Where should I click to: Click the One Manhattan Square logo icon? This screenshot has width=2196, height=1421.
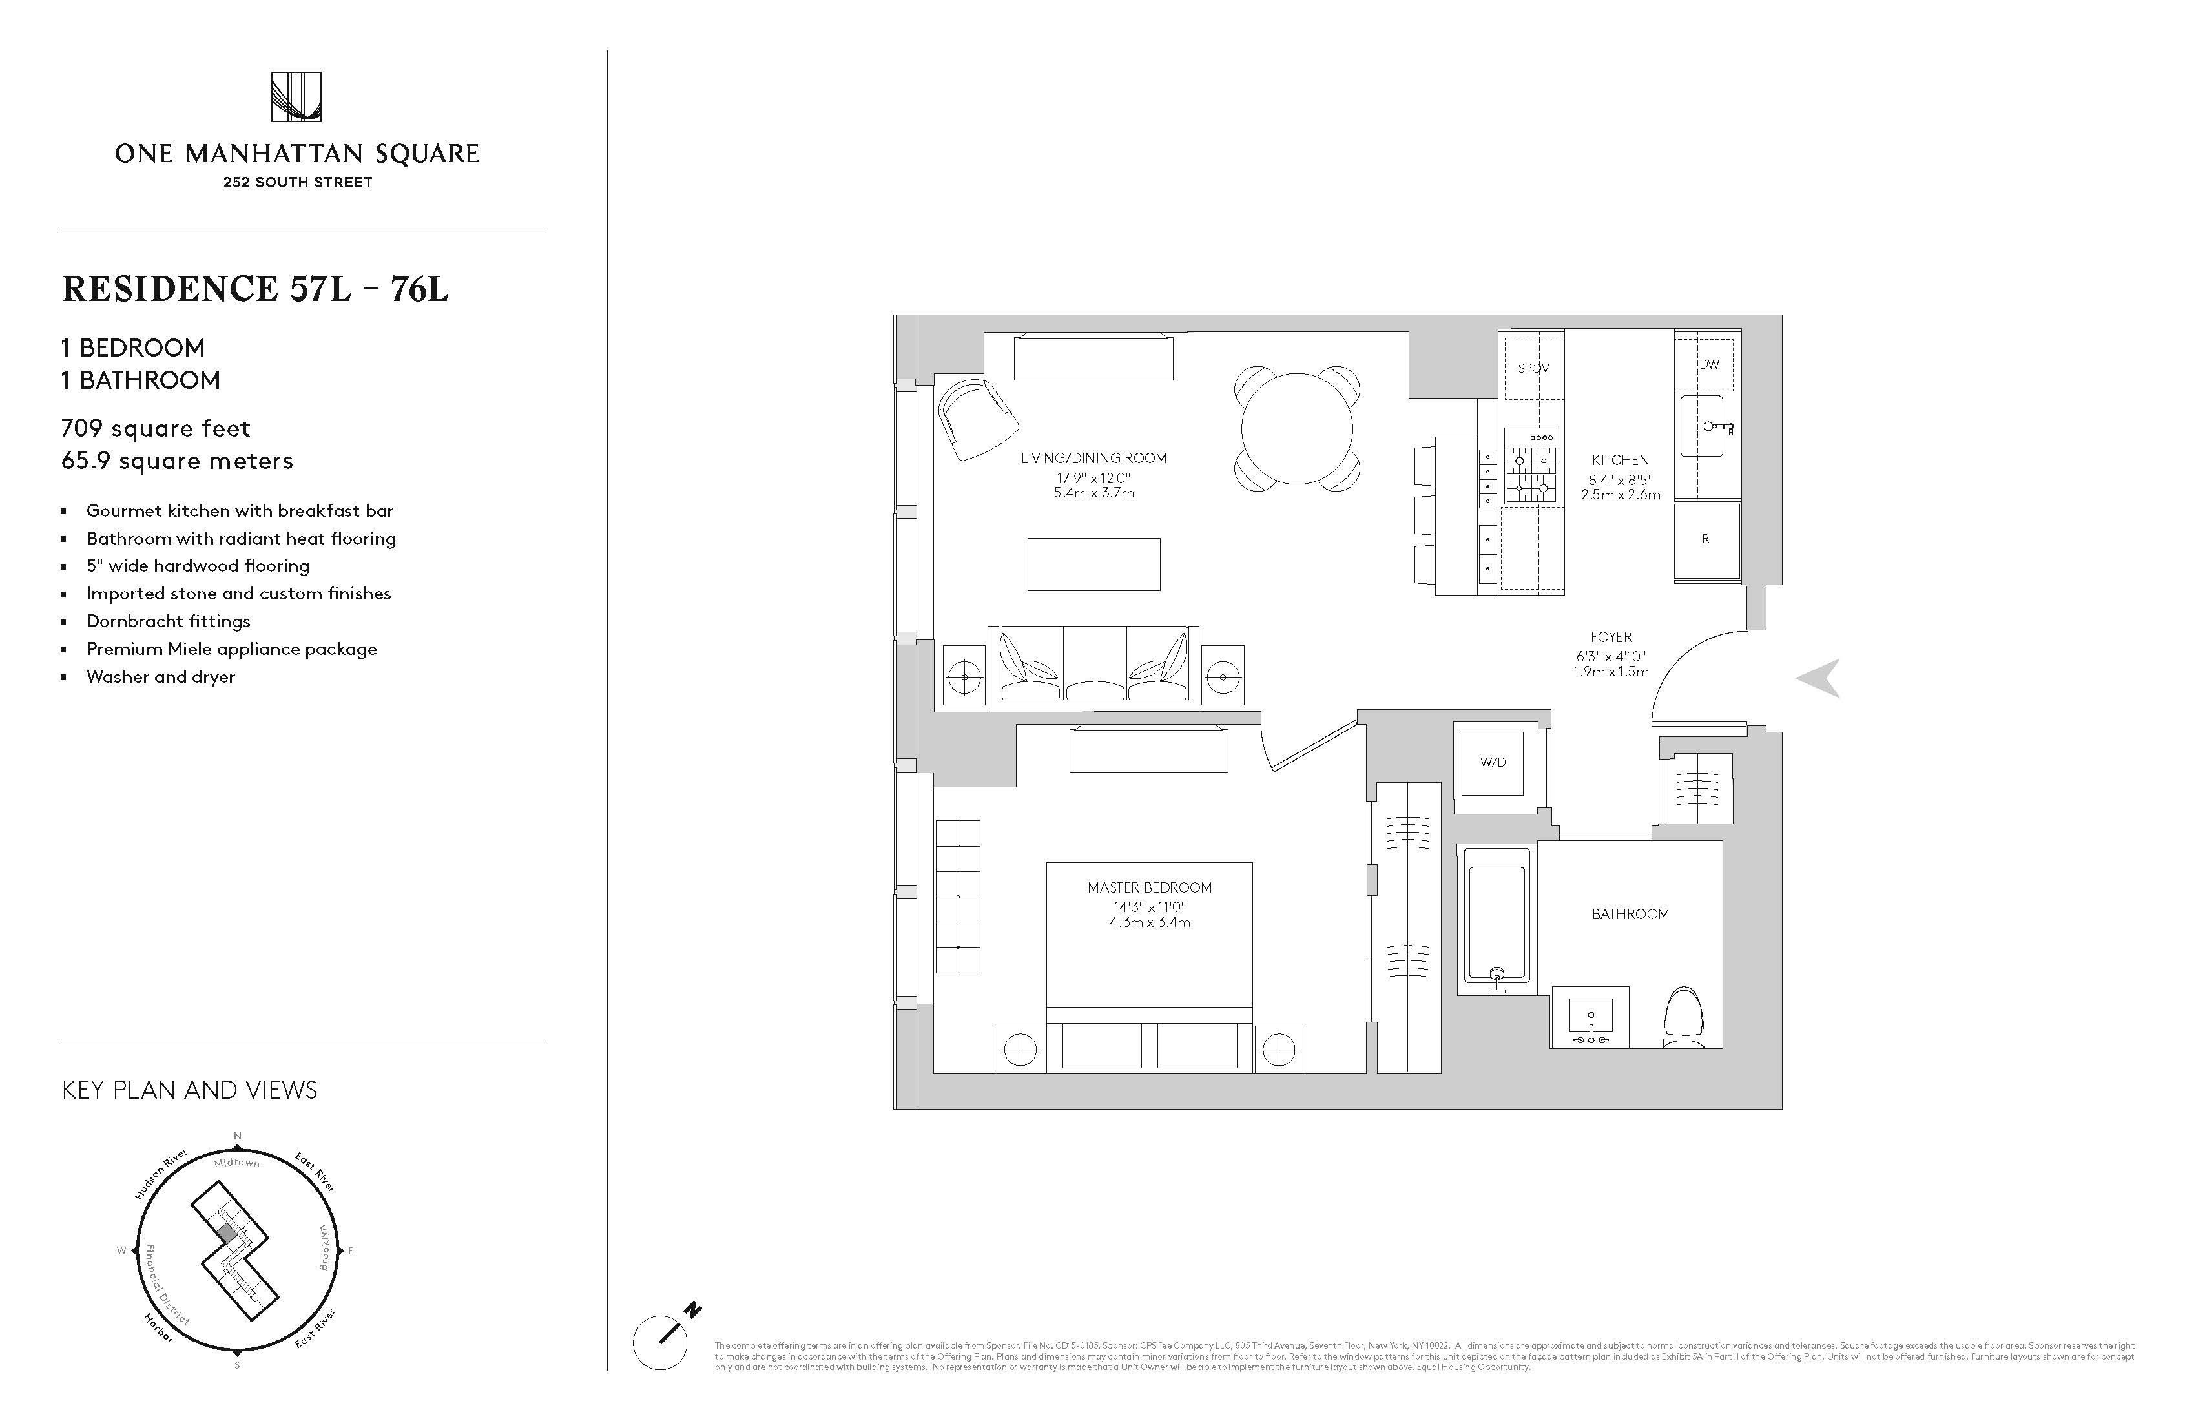pos(296,97)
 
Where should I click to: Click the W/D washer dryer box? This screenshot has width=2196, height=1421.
pos(1492,763)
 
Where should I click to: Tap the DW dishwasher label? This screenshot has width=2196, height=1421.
pos(1710,364)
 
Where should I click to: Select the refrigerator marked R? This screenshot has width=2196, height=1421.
pos(1706,540)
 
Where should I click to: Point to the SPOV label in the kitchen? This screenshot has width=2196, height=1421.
pos(1533,368)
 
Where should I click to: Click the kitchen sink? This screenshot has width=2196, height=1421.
pos(1703,426)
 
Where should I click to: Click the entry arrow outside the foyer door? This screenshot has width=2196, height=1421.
pos(1819,678)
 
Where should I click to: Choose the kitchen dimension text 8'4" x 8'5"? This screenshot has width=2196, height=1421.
pos(1621,480)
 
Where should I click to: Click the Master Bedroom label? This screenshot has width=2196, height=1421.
pos(1150,887)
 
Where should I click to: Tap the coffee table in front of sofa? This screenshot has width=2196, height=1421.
pos(1093,564)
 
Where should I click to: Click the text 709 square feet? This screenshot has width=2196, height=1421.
pos(156,428)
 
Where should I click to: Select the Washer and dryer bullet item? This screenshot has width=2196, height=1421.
pos(161,676)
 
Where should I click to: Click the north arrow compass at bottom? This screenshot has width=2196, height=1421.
pos(661,1342)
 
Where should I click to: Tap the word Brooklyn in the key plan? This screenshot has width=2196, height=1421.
pos(324,1247)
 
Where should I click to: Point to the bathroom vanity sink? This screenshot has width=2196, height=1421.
pos(1591,1018)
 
